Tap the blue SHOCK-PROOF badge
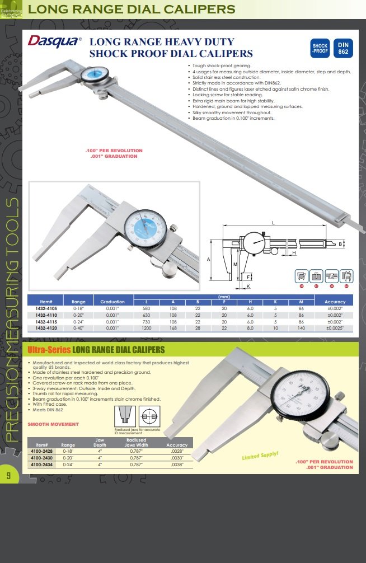pyautogui.click(x=320, y=49)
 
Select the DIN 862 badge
pyautogui.click(x=343, y=49)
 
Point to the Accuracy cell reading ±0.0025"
pyautogui.click(x=335, y=329)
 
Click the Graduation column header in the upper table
pyautogui.click(x=112, y=302)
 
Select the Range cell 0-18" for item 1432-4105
pyautogui.click(x=78, y=308)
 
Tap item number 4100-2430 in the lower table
pyautogui.click(x=41, y=457)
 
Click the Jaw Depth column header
pyautogui.click(x=100, y=442)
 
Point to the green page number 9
pyautogui.click(x=8, y=476)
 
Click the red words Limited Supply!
pyautogui.click(x=260, y=456)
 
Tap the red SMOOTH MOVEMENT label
pyautogui.click(x=53, y=424)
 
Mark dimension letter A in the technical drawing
pyautogui.click(x=208, y=260)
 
